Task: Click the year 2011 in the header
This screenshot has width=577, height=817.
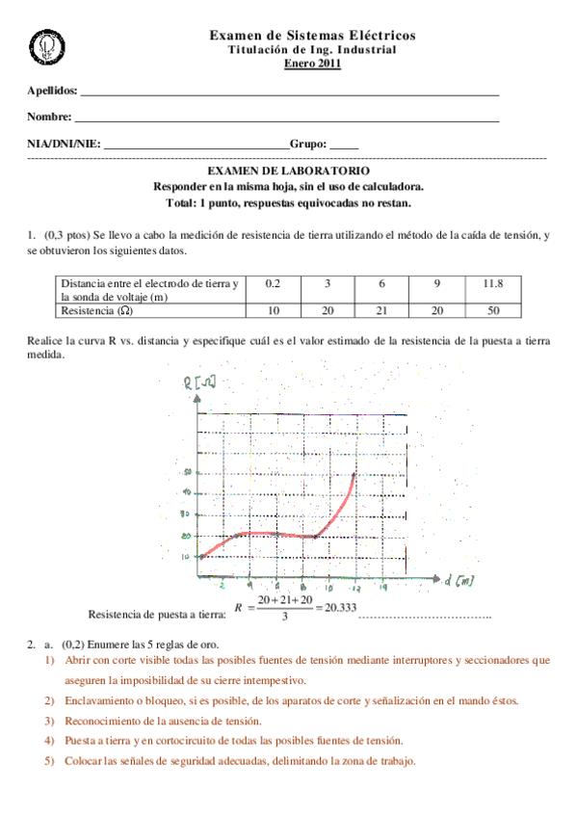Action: [x=328, y=65]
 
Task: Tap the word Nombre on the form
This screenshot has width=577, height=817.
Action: [x=49, y=118]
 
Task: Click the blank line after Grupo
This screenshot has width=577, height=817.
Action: [x=344, y=145]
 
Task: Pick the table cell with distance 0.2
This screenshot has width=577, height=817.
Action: [x=272, y=283]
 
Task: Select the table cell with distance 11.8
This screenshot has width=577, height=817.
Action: [x=493, y=283]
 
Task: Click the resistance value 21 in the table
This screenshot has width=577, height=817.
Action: [x=381, y=311]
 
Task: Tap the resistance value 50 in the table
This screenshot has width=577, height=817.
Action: [x=493, y=311]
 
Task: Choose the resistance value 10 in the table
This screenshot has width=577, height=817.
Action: [x=272, y=311]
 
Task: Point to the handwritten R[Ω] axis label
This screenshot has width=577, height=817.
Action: [x=197, y=385]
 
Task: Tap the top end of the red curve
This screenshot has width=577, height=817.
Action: [x=354, y=473]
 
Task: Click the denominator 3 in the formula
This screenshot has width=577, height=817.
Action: [x=281, y=617]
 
